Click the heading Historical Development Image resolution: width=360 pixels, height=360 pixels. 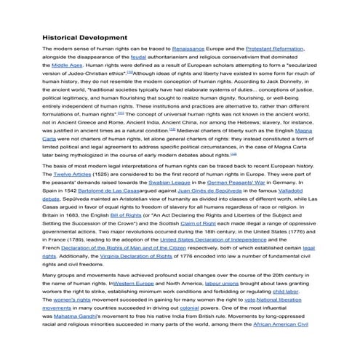[85, 37]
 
